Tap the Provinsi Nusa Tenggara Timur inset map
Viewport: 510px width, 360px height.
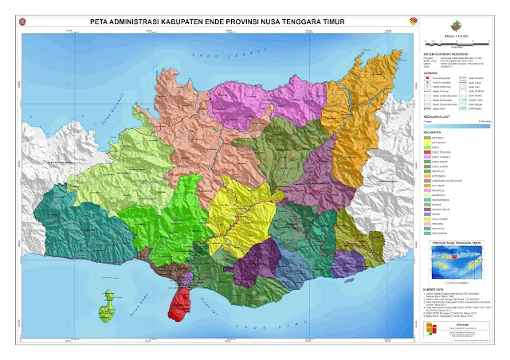[x=457, y=259]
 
